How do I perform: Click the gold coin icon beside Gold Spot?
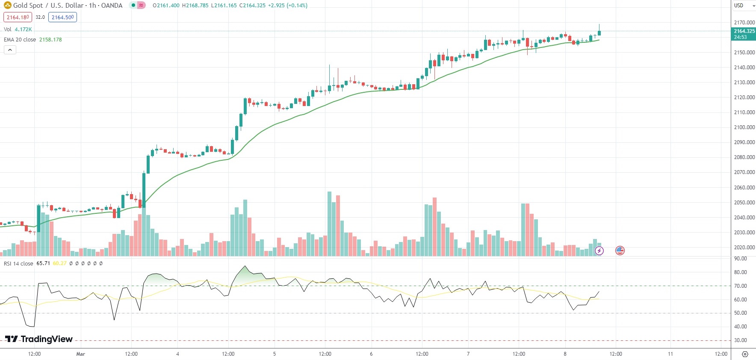7,6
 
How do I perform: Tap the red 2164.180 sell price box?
18,18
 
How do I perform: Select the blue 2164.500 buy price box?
62,18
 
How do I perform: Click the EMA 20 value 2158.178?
50,40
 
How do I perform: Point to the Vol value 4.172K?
23,30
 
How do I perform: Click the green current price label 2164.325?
744,31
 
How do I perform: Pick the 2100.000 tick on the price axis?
744,127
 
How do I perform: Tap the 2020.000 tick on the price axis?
744,248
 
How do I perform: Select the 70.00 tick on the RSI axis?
740,286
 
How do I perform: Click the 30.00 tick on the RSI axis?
740,340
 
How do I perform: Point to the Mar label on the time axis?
80,354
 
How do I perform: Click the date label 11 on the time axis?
670,354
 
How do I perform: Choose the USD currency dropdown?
744,6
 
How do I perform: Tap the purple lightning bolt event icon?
599,251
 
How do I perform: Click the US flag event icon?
620,251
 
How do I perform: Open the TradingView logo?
39,339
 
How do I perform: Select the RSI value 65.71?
43,263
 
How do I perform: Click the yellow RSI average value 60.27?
59,263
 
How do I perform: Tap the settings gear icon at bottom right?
745,354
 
